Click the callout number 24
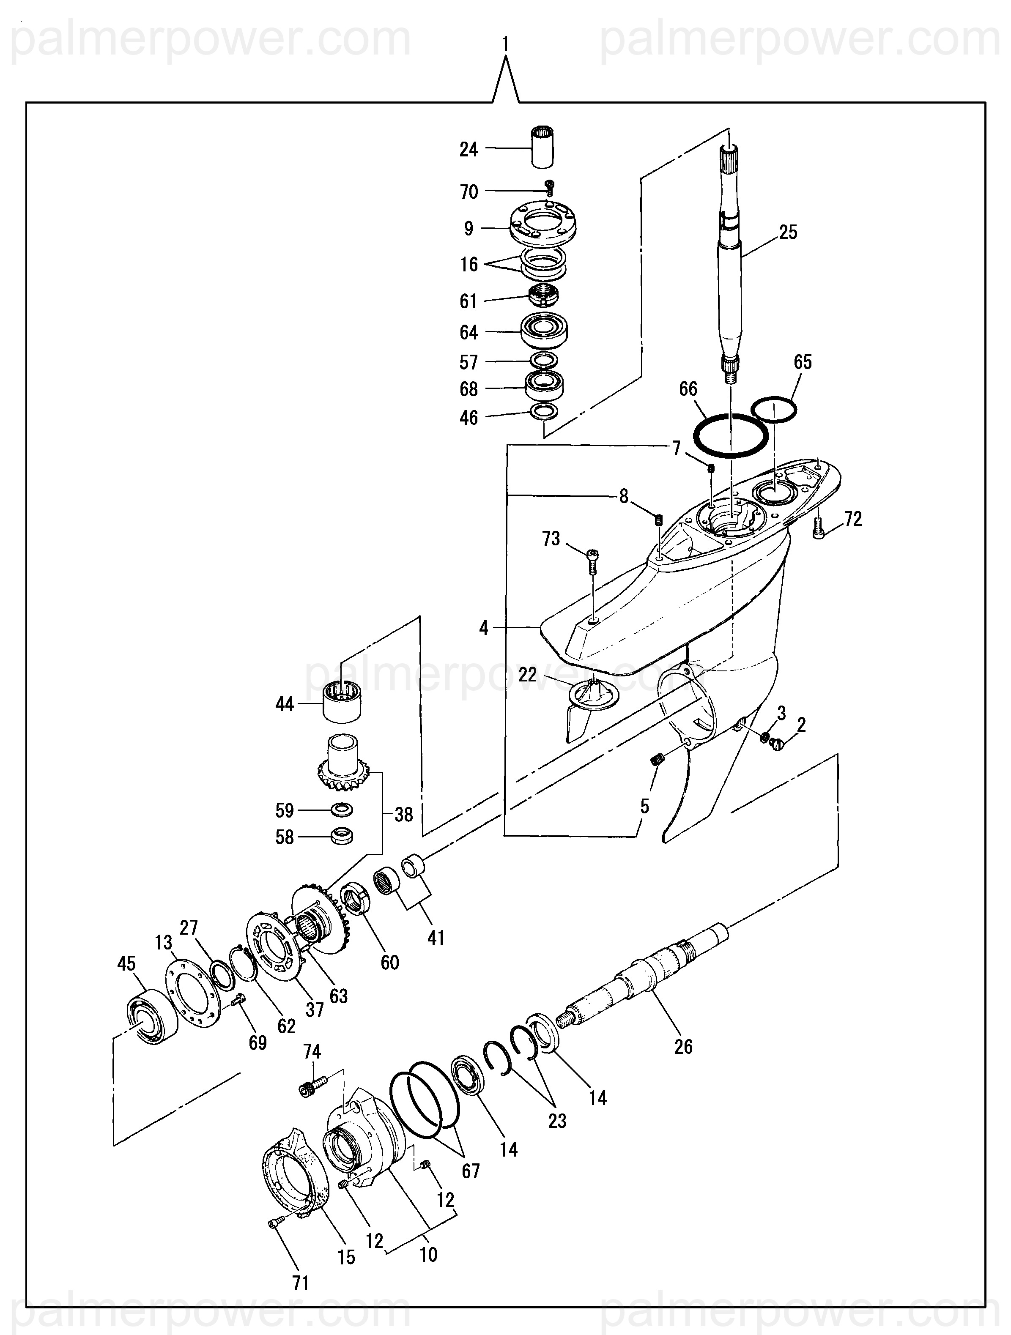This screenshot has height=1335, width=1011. [469, 149]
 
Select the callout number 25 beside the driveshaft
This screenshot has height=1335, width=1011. [788, 233]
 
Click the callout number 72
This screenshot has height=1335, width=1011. [853, 519]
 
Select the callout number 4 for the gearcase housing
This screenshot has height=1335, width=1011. [483, 628]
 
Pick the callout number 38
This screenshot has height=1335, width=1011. [403, 814]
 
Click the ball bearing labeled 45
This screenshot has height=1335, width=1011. [149, 1017]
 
